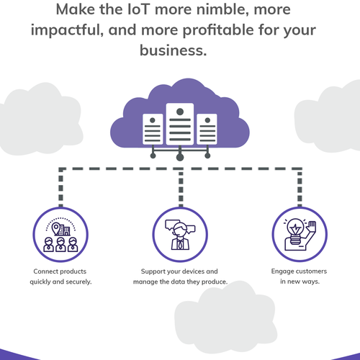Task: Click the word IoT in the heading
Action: click(x=139, y=9)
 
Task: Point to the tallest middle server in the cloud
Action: click(x=180, y=124)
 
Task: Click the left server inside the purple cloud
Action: click(x=153, y=129)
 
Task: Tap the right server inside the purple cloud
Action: click(x=207, y=129)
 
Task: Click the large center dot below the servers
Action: click(x=180, y=158)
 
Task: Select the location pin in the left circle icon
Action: click(x=56, y=229)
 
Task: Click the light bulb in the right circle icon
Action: click(x=295, y=231)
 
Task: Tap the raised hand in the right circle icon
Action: click(x=312, y=227)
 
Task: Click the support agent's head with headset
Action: click(x=180, y=230)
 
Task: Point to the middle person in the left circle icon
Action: click(x=60, y=245)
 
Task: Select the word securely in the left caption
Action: click(x=78, y=282)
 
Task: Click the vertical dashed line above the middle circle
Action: click(x=181, y=188)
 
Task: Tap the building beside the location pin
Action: click(x=64, y=230)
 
